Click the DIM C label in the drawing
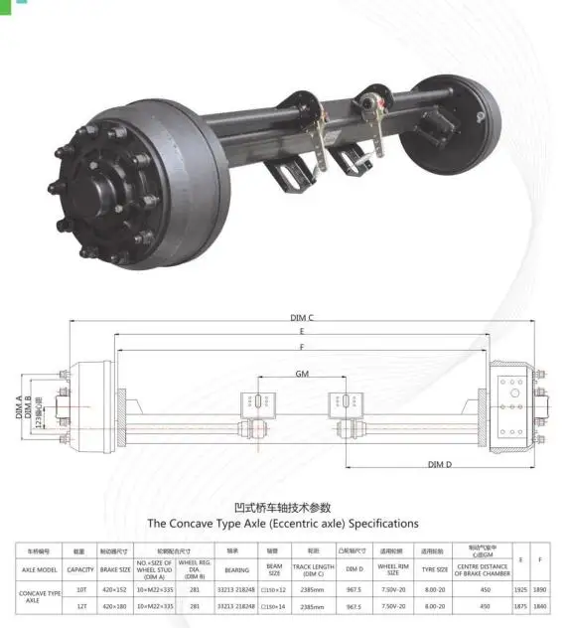click(x=303, y=317)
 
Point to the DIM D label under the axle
click(x=440, y=464)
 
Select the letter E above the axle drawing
click(x=301, y=330)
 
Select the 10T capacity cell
click(x=80, y=589)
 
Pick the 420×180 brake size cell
click(x=116, y=605)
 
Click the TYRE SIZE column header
click(x=434, y=570)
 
